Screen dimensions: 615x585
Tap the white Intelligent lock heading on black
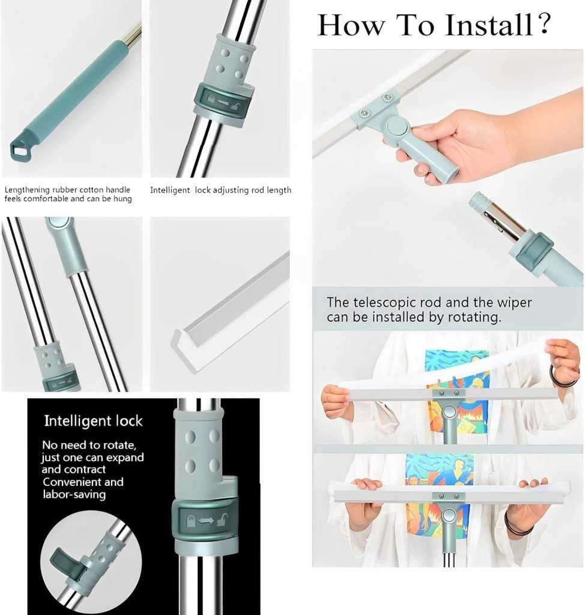point(93,421)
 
